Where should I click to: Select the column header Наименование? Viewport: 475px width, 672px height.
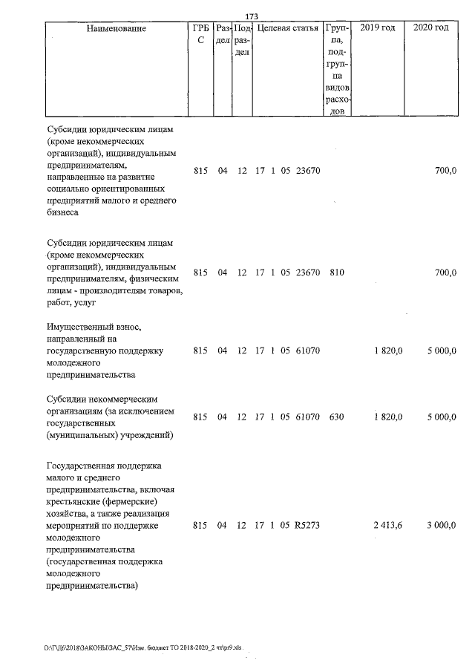tap(116, 28)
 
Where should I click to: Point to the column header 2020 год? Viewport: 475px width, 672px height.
tap(431, 28)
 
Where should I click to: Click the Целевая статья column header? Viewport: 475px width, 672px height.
tap(287, 28)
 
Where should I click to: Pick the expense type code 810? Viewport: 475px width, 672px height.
tap(336, 273)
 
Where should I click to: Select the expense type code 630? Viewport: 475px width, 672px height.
tap(336, 417)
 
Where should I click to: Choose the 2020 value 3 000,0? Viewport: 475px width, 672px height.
tap(441, 526)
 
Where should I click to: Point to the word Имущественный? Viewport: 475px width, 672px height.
tap(83, 326)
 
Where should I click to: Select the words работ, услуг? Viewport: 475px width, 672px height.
tap(72, 303)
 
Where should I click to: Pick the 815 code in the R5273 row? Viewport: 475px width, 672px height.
tap(200, 526)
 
